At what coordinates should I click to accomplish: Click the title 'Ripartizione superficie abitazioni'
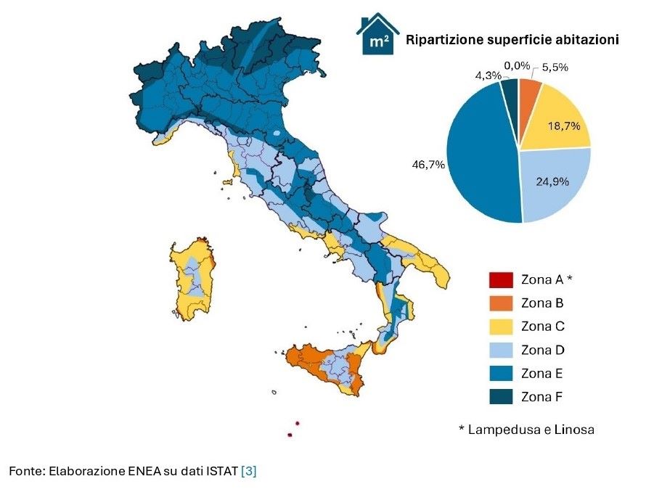point(512,41)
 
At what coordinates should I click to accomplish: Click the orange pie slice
point(529,94)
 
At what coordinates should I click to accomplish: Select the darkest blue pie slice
point(510,91)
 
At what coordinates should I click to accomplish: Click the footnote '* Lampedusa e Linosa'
point(526,430)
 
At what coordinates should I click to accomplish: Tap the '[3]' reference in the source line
point(249,472)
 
